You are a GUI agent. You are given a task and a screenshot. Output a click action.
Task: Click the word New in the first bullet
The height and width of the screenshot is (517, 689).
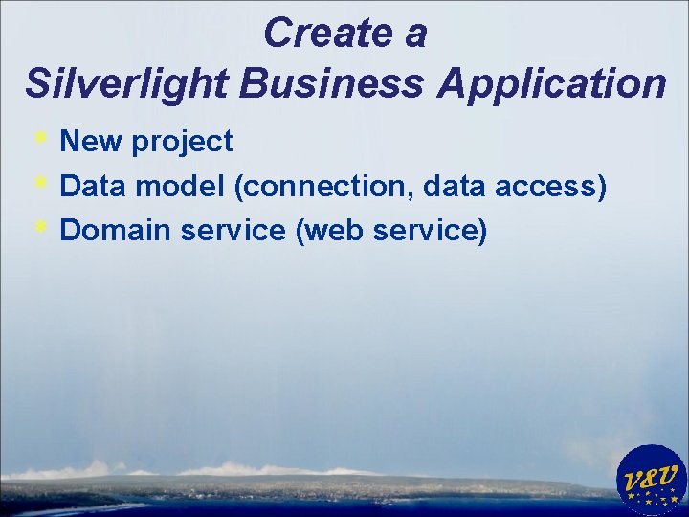(x=91, y=142)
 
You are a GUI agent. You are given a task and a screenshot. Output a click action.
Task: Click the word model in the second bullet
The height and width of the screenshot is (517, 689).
(x=188, y=186)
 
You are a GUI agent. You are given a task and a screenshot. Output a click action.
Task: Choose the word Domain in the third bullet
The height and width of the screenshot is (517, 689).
(x=112, y=230)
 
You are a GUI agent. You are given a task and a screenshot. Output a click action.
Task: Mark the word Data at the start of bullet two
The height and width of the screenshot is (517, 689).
(x=93, y=186)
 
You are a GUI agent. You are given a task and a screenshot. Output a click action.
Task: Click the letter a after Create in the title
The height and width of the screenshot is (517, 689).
(x=413, y=34)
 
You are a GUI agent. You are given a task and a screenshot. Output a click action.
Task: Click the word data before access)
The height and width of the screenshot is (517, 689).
(x=458, y=186)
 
